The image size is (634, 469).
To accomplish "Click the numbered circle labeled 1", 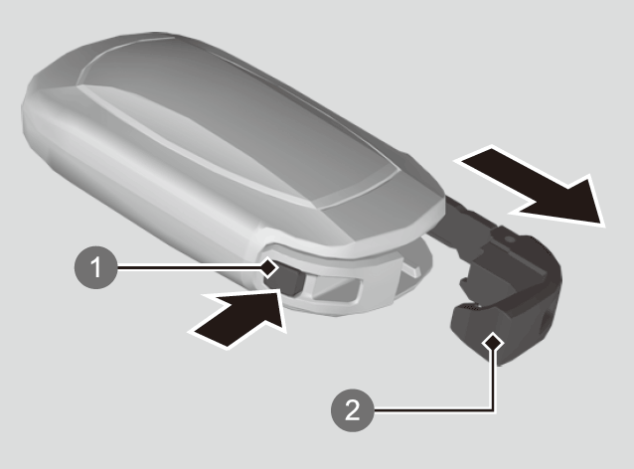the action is point(95,267).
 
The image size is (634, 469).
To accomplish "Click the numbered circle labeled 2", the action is point(352,410).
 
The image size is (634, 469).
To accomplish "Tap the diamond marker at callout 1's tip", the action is point(269,267).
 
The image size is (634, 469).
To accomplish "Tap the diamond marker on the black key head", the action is point(493,343).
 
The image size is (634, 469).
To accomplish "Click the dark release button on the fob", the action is point(288,280).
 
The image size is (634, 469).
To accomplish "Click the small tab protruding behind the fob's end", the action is point(412,270).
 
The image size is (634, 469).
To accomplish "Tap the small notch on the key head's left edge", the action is point(464,284).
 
